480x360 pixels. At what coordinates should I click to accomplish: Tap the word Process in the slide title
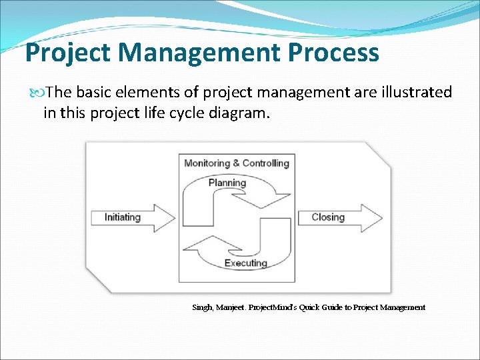click(x=331, y=53)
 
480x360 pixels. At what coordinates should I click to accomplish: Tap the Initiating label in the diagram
click(x=123, y=217)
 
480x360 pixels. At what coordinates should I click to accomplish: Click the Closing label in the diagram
click(x=328, y=217)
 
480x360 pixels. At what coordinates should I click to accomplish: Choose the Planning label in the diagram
click(x=227, y=183)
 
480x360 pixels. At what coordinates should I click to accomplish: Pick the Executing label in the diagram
click(x=245, y=263)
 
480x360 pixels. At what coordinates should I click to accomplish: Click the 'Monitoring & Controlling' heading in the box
click(x=236, y=163)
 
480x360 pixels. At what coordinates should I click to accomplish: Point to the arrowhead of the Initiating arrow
click(x=165, y=218)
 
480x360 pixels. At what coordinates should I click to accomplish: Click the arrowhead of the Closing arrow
click(x=373, y=218)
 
